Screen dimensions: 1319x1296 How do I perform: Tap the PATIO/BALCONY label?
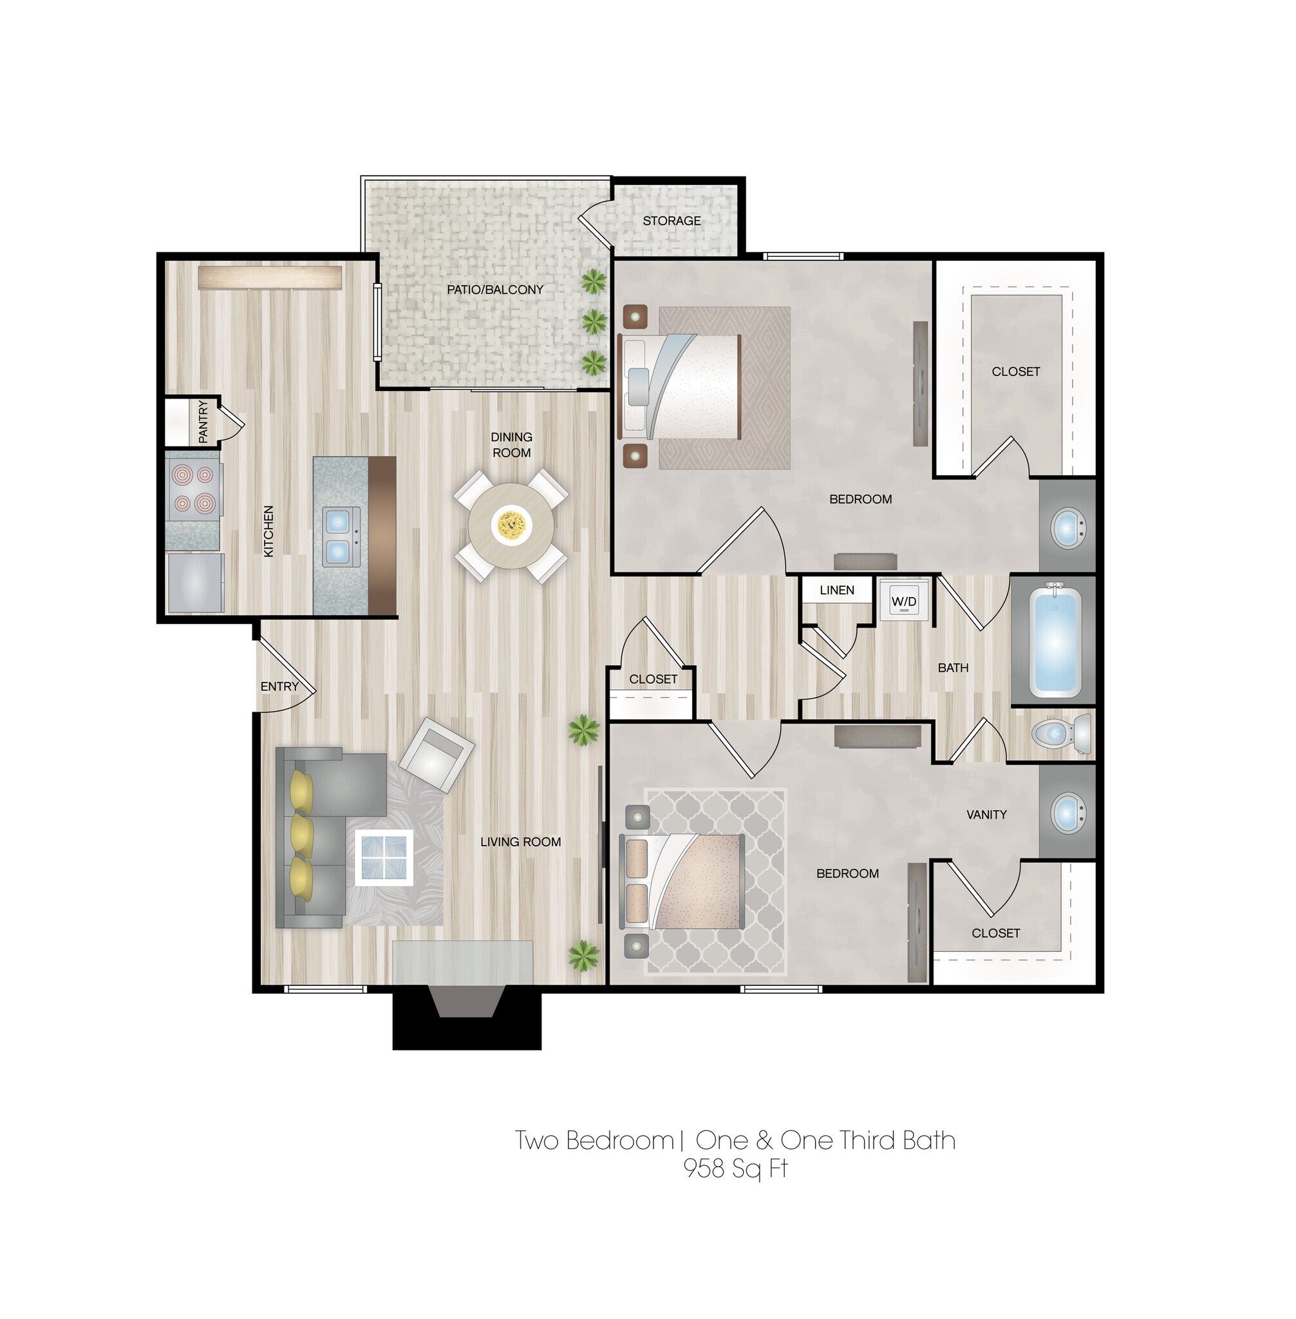(495, 289)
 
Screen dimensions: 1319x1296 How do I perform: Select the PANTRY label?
(203, 422)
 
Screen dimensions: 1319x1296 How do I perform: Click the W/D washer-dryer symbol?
(904, 602)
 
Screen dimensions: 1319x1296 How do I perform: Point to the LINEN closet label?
(836, 591)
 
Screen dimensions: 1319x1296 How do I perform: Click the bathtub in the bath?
(1055, 642)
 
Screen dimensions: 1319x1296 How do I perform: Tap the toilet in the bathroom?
(1060, 734)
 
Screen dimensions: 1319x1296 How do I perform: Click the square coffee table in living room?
(384, 857)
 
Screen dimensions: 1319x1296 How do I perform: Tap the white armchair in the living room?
(437, 754)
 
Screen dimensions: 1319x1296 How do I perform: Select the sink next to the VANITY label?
(1067, 811)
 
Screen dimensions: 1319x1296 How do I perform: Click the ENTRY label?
(279, 687)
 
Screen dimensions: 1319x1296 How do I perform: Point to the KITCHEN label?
(269, 531)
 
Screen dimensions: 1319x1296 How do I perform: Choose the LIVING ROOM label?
(521, 842)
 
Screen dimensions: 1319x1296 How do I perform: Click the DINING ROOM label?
(511, 444)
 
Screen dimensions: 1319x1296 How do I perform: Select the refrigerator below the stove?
(195, 582)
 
